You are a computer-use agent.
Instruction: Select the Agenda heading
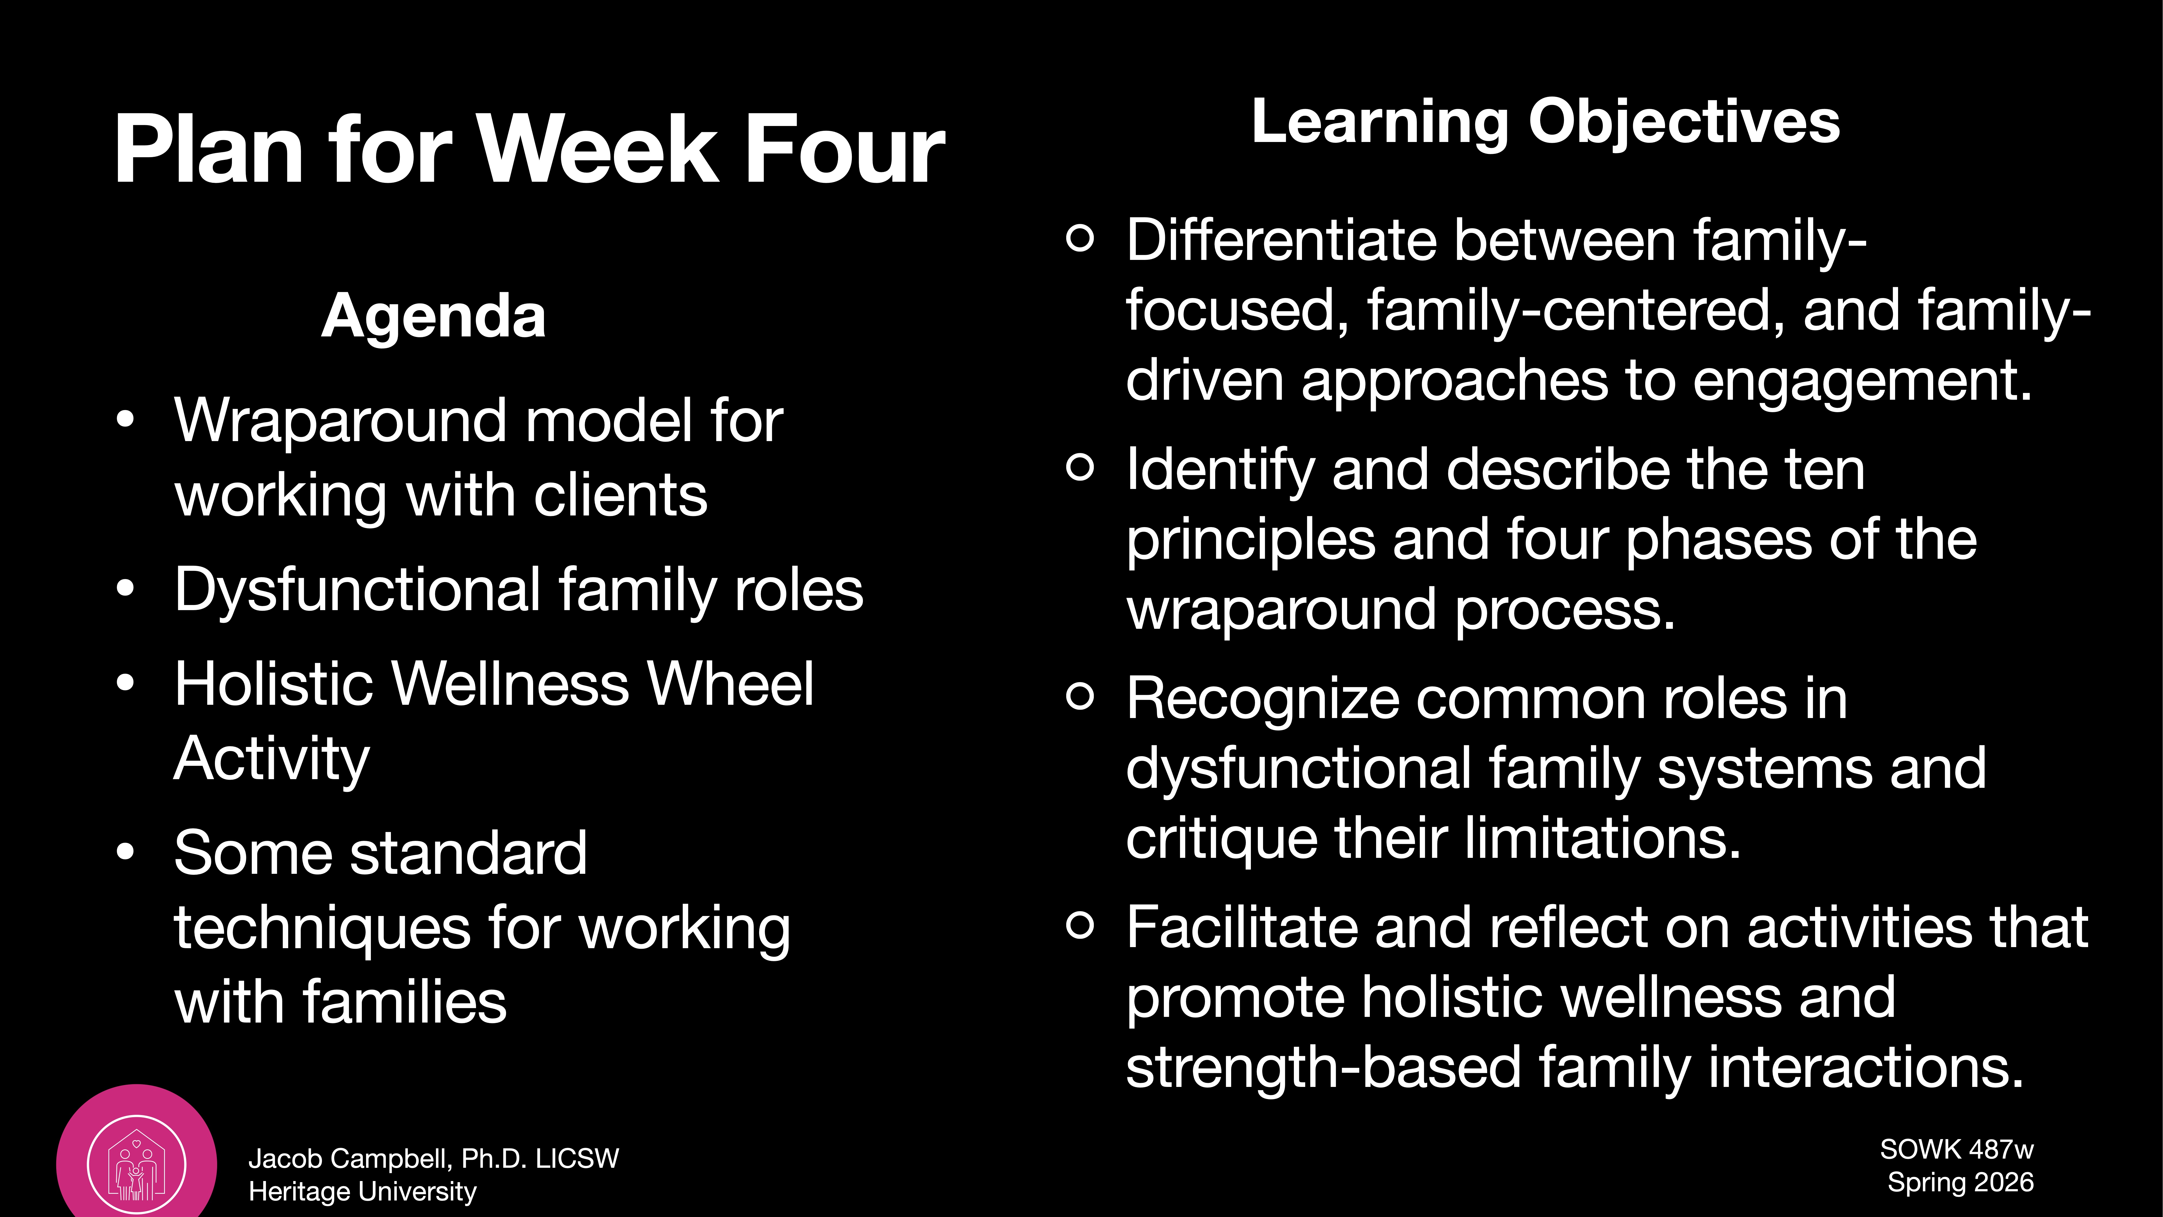433,317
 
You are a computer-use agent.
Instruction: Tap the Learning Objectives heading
1545,122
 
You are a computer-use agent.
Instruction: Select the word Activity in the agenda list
271,758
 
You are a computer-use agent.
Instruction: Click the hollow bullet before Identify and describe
1080,467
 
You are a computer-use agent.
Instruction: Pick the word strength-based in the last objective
1323,1067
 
